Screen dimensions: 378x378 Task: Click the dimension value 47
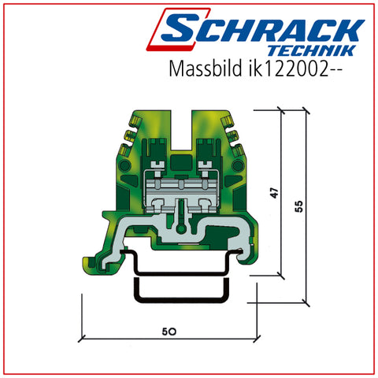click(274, 193)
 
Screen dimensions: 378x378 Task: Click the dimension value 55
click(299, 206)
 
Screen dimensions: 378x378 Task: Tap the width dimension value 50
click(169, 332)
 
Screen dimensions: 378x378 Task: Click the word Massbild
click(206, 69)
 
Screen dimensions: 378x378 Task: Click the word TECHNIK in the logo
click(312, 50)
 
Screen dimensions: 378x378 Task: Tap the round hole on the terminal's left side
click(124, 166)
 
